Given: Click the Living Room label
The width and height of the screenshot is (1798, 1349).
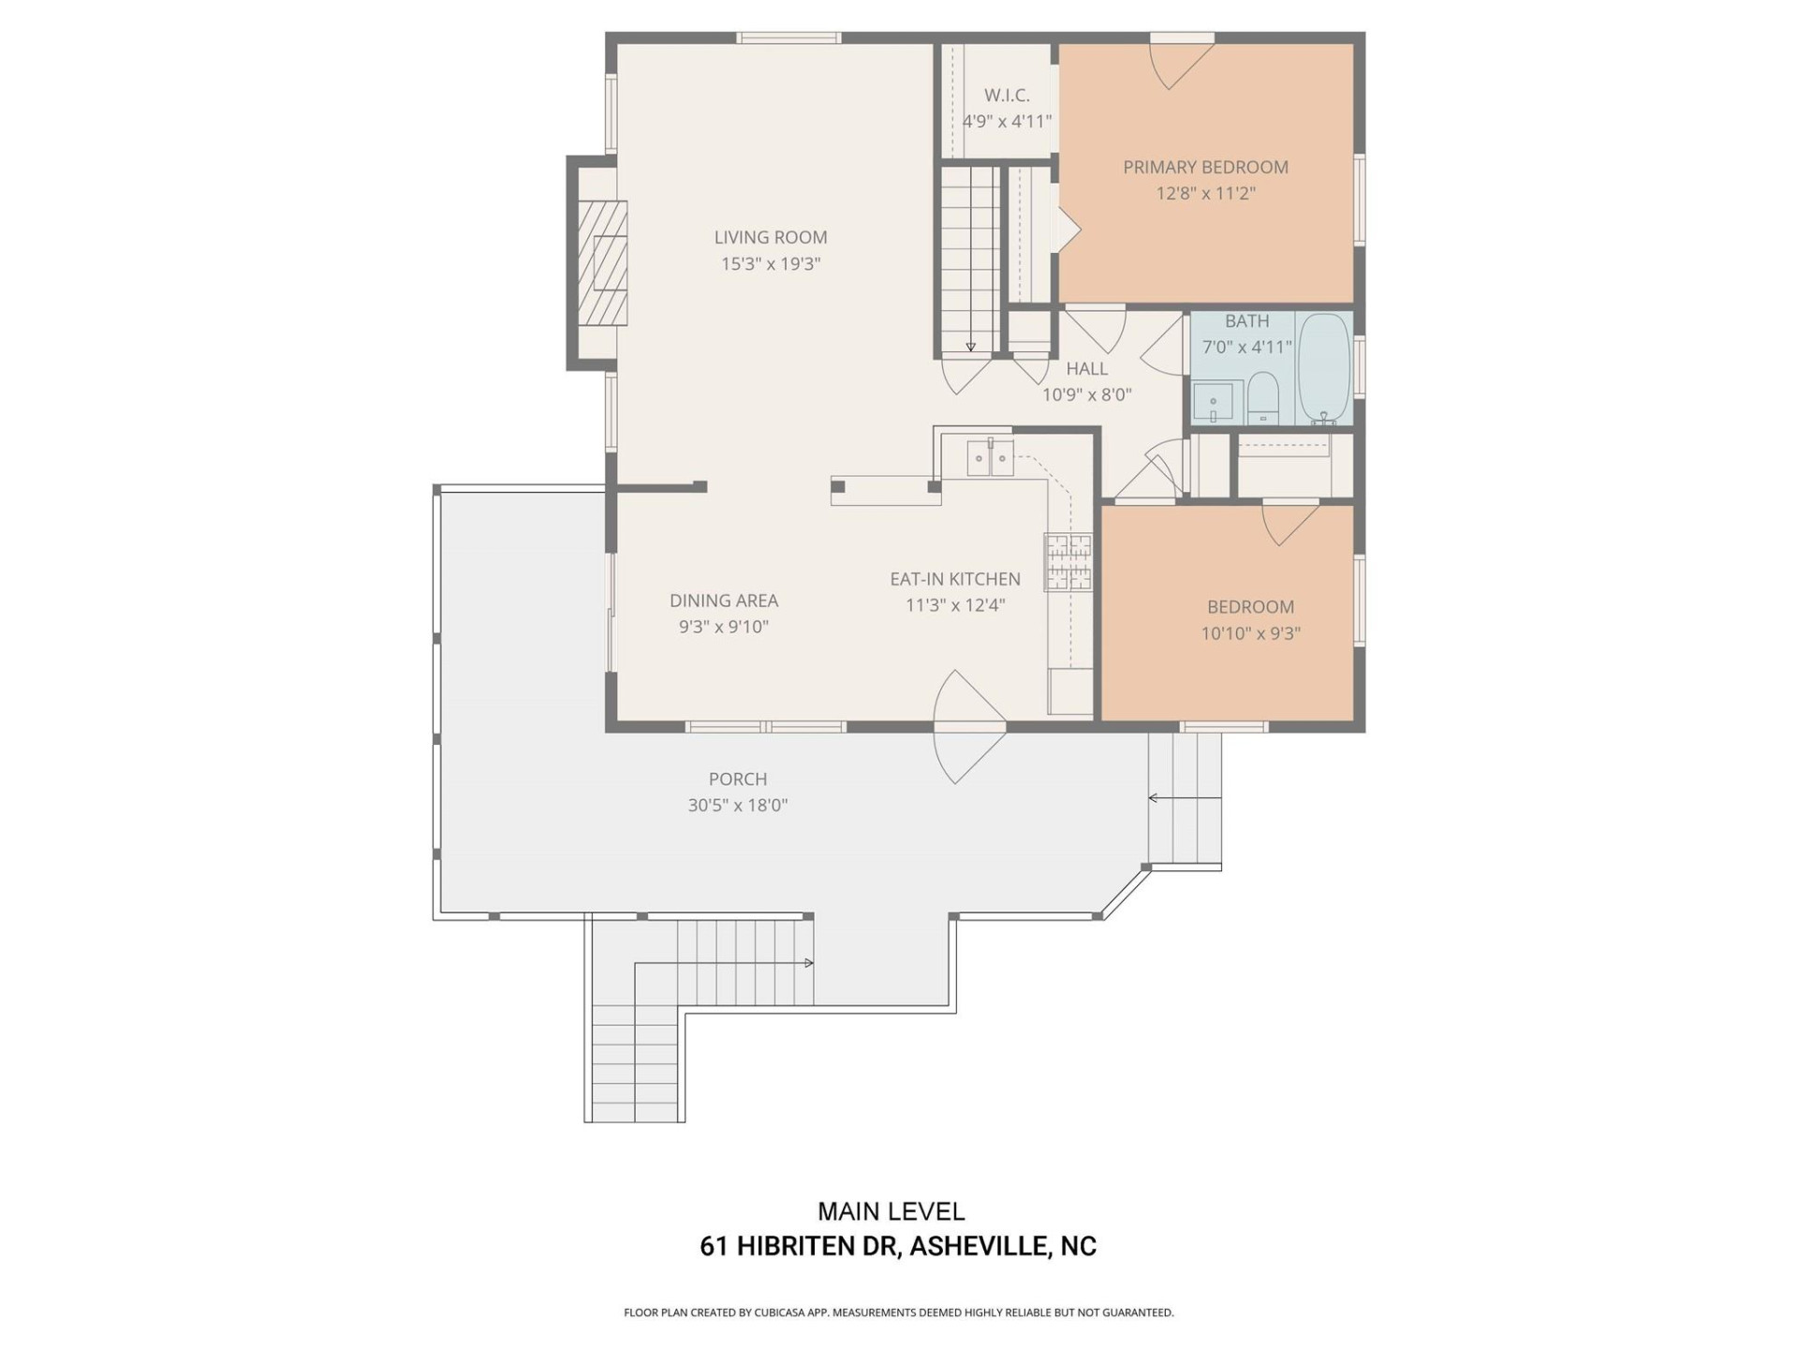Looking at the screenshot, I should (770, 237).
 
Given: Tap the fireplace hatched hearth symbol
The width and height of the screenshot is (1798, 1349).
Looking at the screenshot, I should (599, 262).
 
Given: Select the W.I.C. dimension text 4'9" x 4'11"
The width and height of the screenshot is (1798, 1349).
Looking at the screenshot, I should (1007, 121).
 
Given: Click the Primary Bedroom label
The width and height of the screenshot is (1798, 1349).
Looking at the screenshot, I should (1205, 167).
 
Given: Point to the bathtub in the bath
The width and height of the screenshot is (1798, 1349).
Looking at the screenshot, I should (1324, 368).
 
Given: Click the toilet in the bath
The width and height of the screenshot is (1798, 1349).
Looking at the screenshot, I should (1263, 397).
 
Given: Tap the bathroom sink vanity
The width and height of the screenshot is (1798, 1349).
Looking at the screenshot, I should (1216, 401).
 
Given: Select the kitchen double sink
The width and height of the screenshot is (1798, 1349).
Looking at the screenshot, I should (990, 458).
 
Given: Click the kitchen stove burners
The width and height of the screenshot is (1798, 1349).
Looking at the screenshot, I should (1068, 562).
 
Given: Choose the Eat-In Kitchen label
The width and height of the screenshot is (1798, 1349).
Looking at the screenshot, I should (954, 579).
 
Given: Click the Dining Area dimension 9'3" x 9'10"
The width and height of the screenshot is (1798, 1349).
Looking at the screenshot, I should (723, 627).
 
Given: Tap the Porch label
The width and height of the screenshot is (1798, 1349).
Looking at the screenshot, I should (737, 778).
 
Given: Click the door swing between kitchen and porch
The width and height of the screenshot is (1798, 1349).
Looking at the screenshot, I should (968, 726).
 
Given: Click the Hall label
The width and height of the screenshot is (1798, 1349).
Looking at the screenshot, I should (1086, 368).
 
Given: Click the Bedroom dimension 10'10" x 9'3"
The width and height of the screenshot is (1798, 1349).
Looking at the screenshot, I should (1250, 633).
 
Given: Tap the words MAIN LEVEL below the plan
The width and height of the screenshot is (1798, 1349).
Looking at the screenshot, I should (891, 1211).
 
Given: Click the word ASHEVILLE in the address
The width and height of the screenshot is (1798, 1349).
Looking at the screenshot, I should (980, 1247).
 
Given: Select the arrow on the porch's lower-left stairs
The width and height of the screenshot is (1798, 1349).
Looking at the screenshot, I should (807, 963).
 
